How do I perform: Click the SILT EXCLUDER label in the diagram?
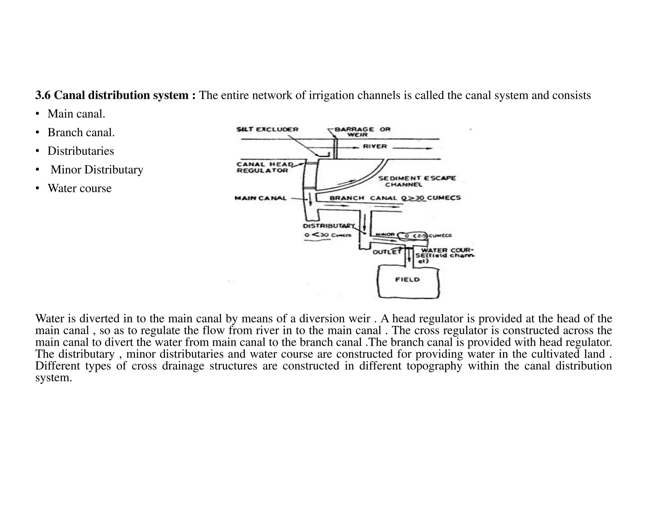[267, 129]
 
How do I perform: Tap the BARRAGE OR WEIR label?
[362, 131]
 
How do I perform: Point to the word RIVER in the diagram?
[375, 146]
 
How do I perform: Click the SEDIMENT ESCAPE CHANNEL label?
[417, 181]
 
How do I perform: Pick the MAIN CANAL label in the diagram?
[261, 198]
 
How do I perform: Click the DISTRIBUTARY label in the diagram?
[329, 226]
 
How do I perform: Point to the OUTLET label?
[386, 252]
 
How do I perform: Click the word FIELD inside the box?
[407, 280]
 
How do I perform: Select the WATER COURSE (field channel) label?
[445, 255]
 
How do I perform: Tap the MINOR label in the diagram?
[385, 234]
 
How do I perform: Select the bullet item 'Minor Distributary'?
[97, 170]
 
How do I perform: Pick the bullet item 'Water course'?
[79, 188]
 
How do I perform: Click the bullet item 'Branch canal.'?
[81, 132]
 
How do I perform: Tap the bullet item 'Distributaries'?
[81, 151]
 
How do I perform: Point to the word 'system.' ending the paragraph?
[53, 378]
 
